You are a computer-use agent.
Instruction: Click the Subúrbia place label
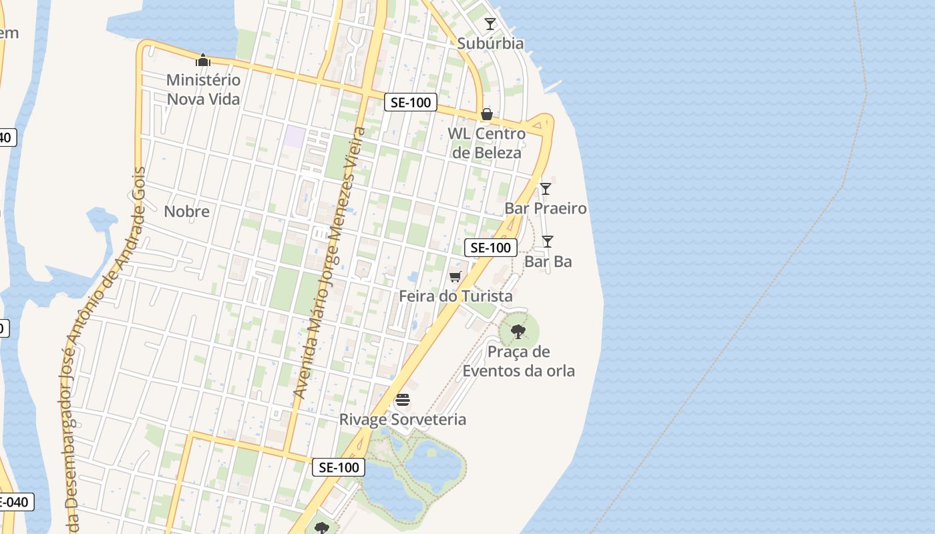[490, 43]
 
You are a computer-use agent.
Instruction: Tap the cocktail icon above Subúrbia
[490, 24]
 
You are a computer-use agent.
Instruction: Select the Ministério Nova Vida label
[203, 89]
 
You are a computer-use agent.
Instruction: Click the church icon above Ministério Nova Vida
[203, 61]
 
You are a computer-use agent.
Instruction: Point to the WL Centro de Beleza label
[486, 143]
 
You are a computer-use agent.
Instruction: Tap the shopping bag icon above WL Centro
[487, 114]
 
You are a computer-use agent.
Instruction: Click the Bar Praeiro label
[546, 208]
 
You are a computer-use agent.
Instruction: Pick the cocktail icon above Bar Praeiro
[546, 189]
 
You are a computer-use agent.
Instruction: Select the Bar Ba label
[548, 262]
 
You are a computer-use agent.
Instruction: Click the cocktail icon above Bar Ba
[548, 242]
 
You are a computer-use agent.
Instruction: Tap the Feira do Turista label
[456, 296]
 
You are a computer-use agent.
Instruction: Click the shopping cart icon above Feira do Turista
[455, 276]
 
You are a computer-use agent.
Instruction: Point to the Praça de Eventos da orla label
[518, 361]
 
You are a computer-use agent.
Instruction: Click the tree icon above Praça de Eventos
[518, 331]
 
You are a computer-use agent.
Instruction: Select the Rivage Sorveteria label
[403, 419]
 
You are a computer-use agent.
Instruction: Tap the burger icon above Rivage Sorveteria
[403, 400]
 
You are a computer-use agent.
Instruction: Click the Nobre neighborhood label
[187, 212]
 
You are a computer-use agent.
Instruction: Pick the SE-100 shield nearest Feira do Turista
[491, 248]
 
